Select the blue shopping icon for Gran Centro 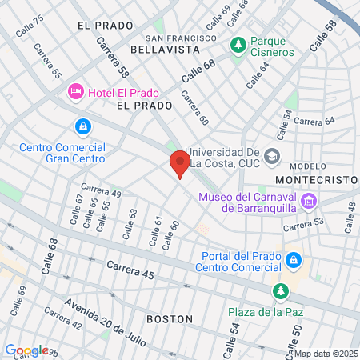click(82, 127)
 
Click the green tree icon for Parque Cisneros click(238, 46)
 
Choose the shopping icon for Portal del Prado click(294, 260)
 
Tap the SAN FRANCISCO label click(181, 38)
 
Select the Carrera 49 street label click(101, 192)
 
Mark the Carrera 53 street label click(303, 226)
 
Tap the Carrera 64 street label click(314, 121)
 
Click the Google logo click(26, 350)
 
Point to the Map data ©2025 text click(325, 353)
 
